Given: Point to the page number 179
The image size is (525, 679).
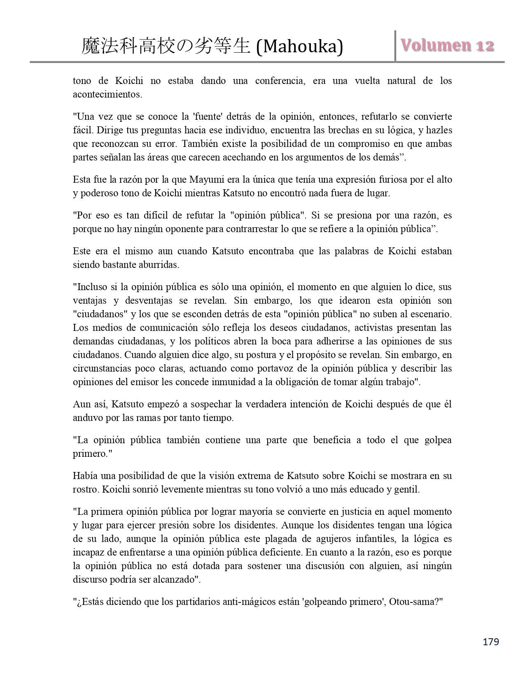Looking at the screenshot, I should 490,641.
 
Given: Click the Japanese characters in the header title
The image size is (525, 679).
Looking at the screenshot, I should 166,47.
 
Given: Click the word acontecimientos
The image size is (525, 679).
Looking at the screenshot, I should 107,95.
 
